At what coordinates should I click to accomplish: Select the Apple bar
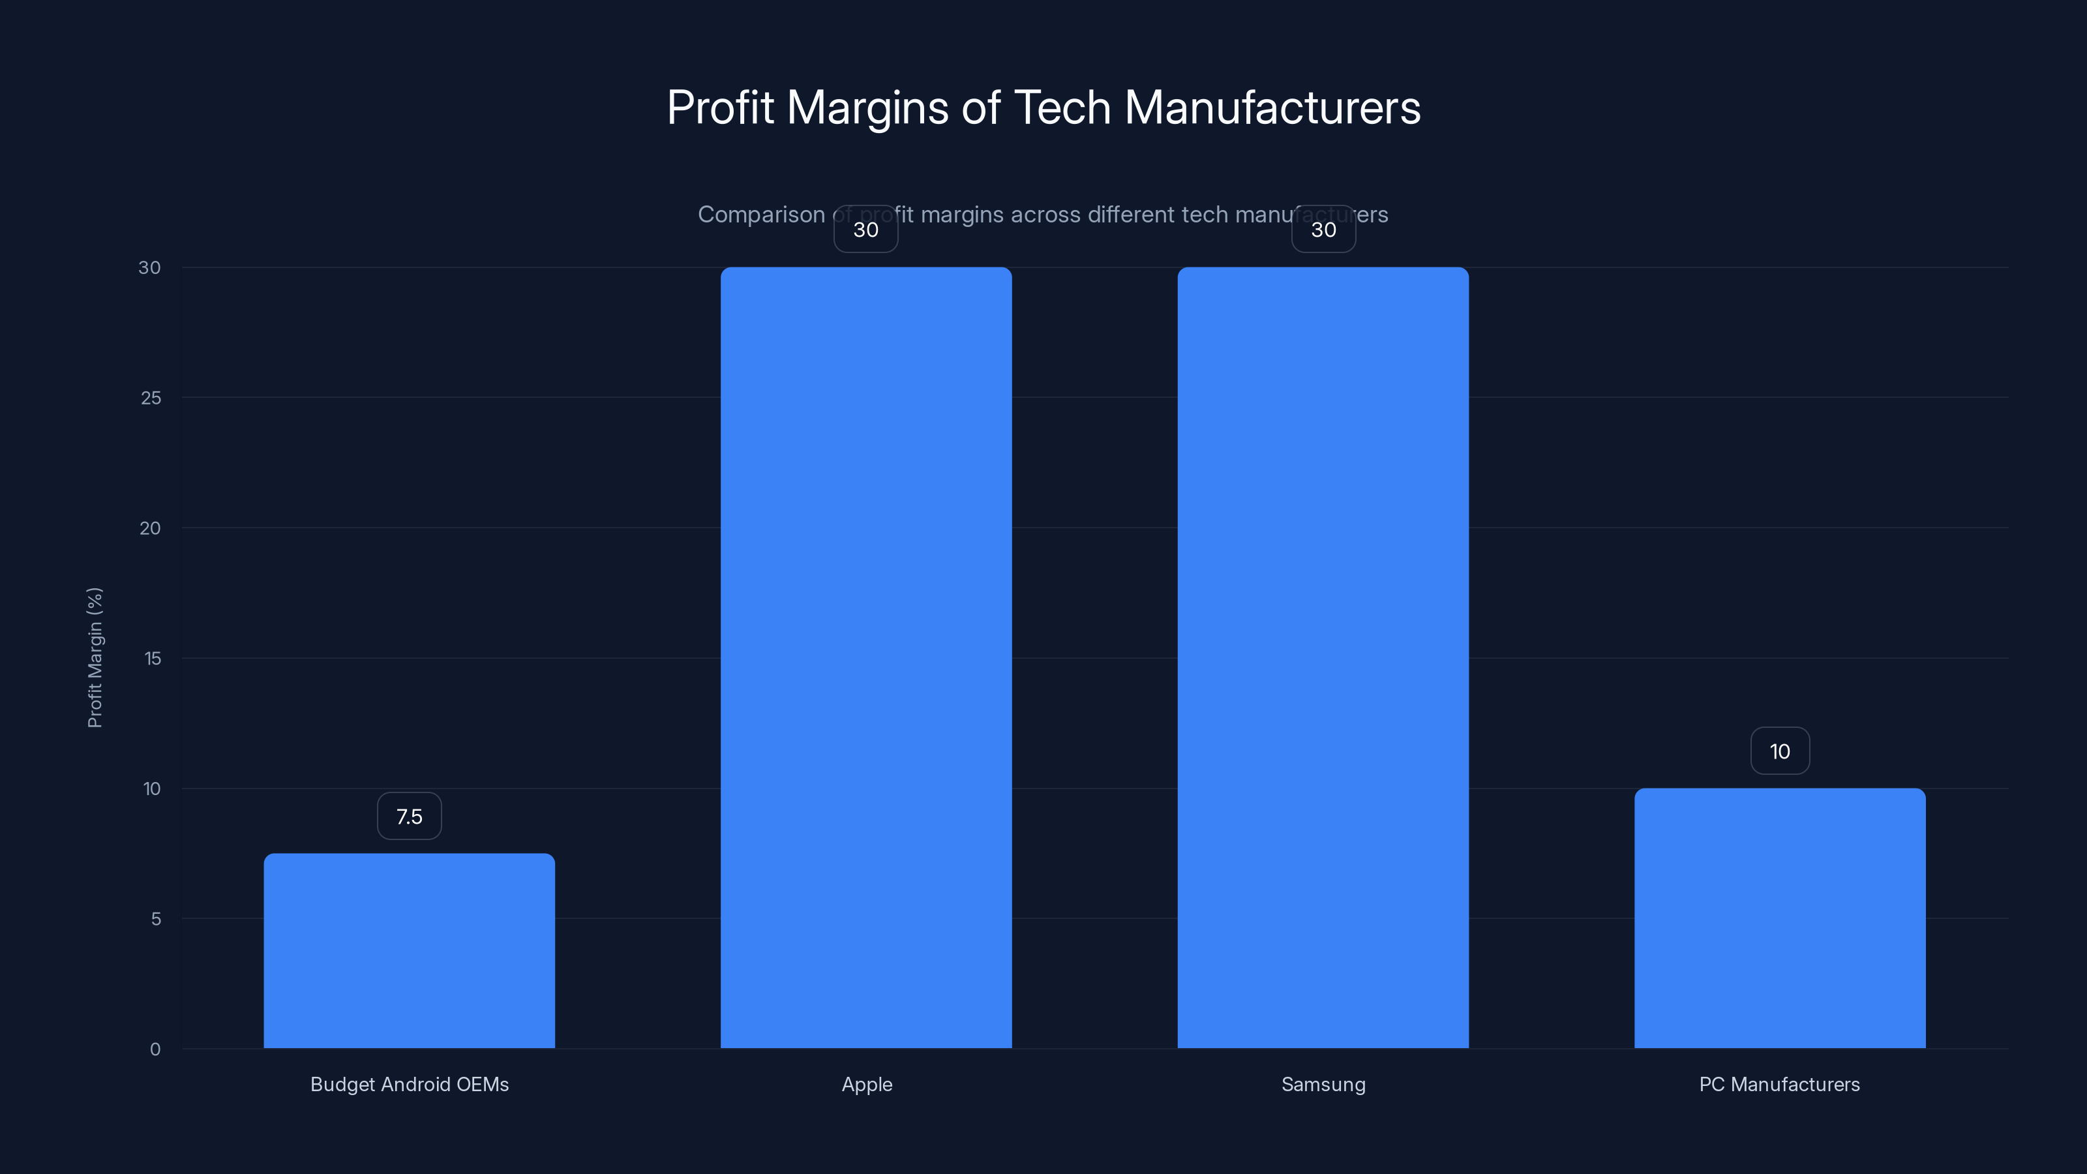tap(866, 657)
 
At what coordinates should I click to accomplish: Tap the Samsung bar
tap(1323, 657)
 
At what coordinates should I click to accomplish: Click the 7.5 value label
tap(409, 817)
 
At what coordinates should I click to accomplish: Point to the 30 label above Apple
tap(866, 230)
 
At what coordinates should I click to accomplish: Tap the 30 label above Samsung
tap(1323, 230)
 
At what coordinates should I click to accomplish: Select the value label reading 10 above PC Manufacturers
tap(1779, 752)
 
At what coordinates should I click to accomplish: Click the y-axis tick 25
tap(151, 398)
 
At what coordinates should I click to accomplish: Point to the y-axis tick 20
tap(150, 528)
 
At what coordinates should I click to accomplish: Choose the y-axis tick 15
tap(153, 659)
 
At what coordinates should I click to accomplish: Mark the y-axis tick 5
tap(156, 919)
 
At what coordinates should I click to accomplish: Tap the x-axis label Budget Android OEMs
tap(409, 1084)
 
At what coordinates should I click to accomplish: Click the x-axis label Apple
tap(866, 1084)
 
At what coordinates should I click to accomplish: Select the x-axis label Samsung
tap(1323, 1084)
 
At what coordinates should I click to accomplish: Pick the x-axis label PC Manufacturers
tap(1779, 1084)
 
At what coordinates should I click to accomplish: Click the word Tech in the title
tap(1062, 108)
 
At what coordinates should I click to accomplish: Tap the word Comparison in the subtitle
tap(760, 215)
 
